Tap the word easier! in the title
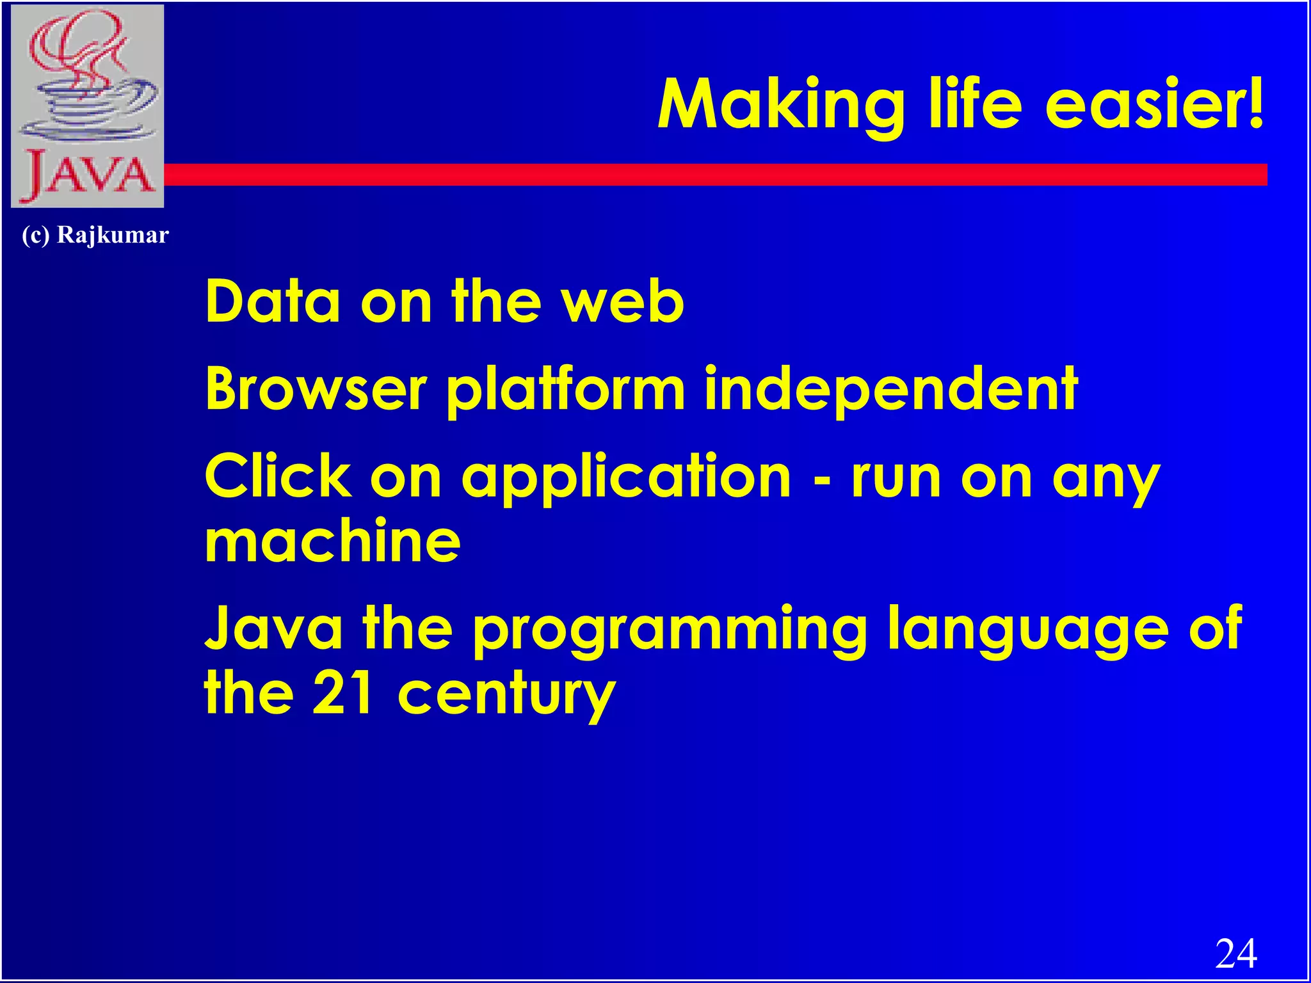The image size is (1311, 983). pos(1154,104)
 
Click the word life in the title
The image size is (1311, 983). pos(975,104)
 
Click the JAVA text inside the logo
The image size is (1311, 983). pos(88,174)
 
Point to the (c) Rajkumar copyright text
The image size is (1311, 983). pos(95,235)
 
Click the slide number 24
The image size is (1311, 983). pos(1235,954)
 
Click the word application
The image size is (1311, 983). pos(626,479)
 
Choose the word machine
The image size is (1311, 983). pos(332,541)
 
